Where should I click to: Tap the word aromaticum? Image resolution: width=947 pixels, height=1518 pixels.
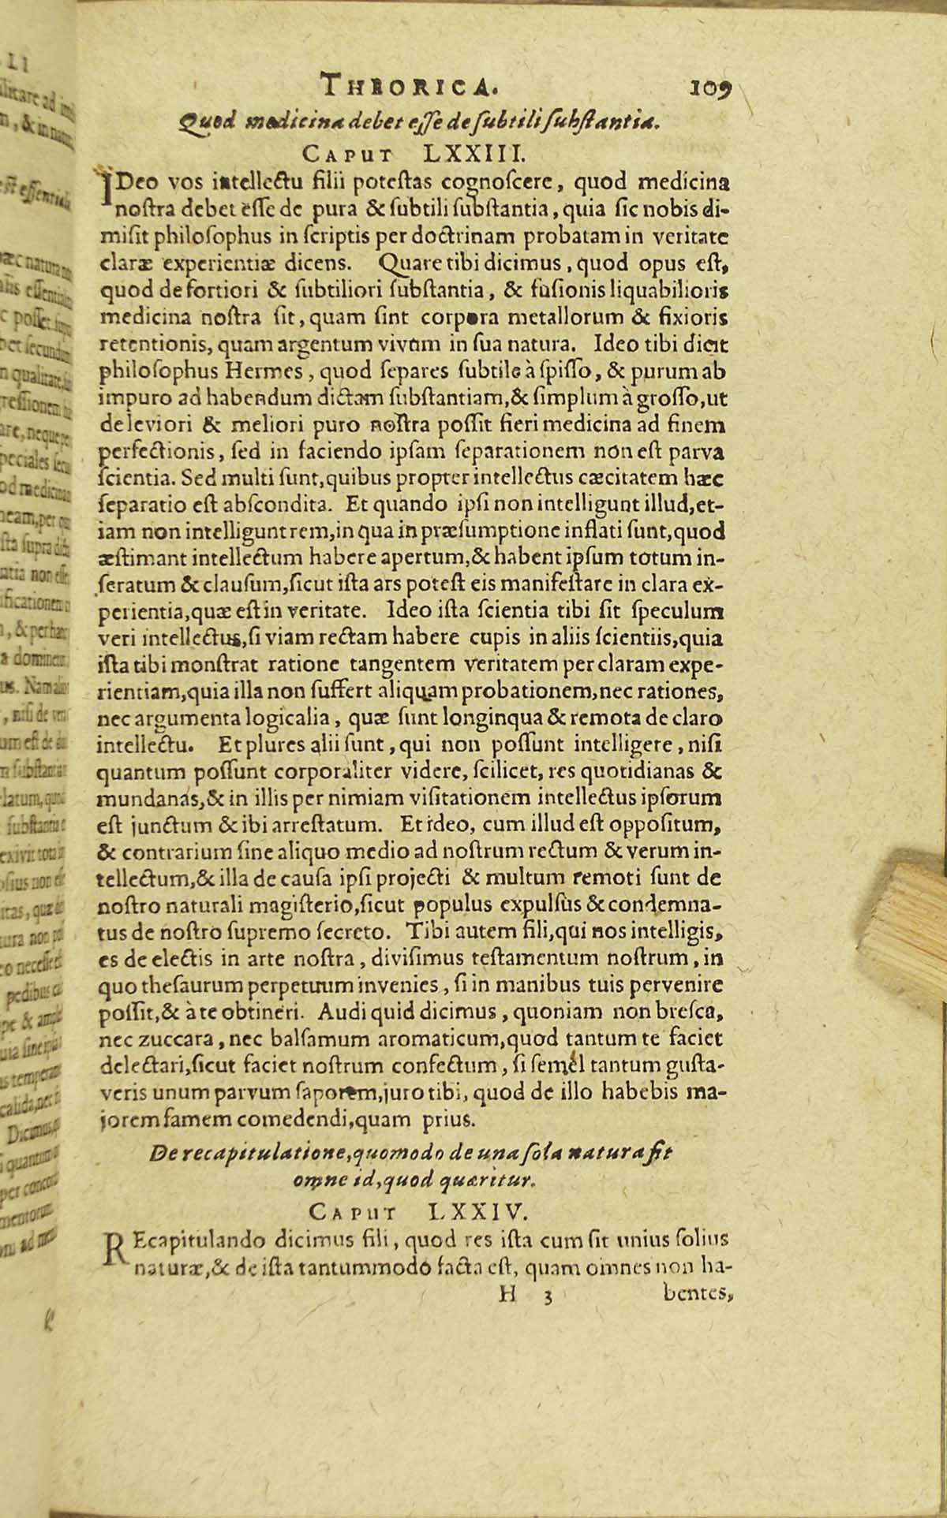407,1039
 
